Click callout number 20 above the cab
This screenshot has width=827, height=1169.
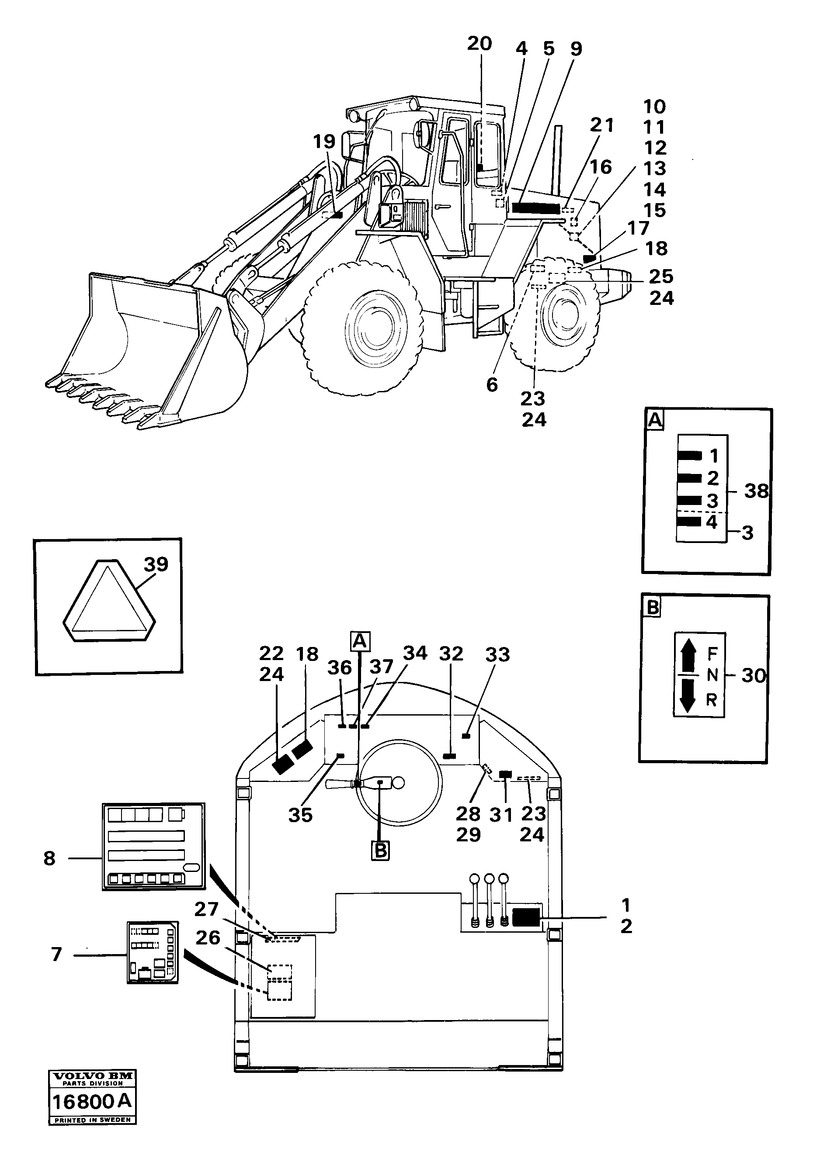(479, 44)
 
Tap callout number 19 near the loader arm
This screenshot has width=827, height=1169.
(324, 142)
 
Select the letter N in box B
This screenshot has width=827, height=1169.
(712, 676)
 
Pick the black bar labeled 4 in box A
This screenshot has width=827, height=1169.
(689, 521)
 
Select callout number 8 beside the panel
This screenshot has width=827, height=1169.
(49, 858)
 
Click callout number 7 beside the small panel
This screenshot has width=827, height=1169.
(56, 954)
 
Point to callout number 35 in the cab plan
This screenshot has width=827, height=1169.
(300, 815)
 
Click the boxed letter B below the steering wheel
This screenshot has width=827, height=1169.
(381, 851)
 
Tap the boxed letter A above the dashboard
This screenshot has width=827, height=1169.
(360, 641)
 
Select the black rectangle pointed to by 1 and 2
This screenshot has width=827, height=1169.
(526, 917)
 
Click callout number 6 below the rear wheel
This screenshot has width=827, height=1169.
(492, 385)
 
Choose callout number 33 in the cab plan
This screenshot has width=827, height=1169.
(497, 655)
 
